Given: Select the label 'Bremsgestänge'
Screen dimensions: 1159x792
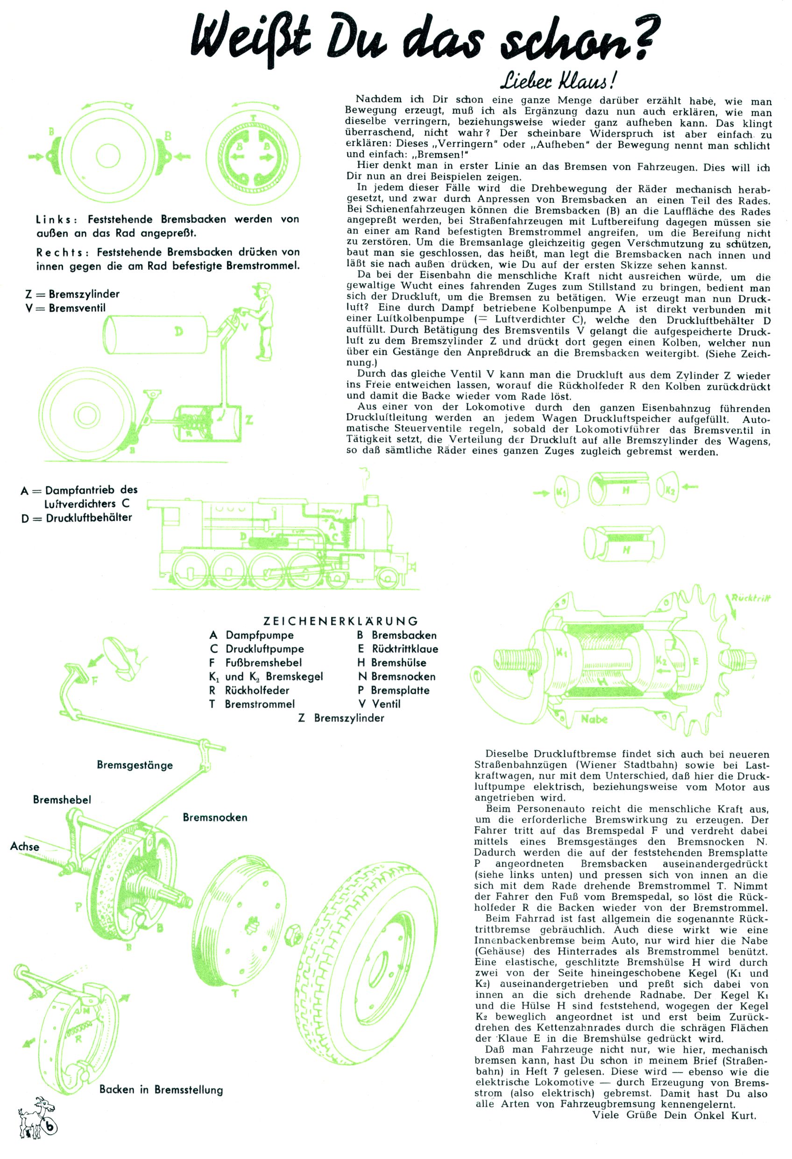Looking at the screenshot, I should click(134, 765).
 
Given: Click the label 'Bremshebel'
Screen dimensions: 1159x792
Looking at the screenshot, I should click(62, 800).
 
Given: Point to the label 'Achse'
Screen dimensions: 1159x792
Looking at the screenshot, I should click(24, 847).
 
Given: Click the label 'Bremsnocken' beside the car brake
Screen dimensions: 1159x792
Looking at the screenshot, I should click(215, 817).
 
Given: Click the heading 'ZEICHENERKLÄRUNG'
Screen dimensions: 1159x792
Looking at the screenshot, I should click(340, 622).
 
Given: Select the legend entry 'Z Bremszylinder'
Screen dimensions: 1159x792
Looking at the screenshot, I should click(341, 718).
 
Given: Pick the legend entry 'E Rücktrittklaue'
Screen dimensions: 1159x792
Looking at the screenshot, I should click(398, 649).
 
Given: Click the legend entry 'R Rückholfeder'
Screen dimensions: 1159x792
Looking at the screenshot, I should click(250, 691).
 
